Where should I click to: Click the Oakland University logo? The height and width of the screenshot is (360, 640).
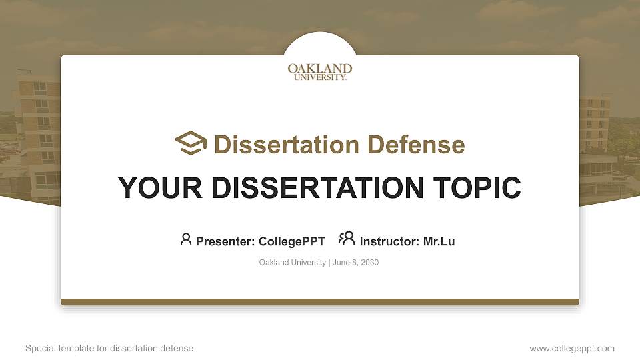point(320,71)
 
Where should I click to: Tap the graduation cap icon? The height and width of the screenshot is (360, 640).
point(191,143)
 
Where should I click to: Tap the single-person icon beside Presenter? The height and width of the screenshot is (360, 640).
point(186,239)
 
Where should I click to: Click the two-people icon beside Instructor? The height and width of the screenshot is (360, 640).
point(347,239)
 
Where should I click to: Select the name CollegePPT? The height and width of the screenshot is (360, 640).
point(291,241)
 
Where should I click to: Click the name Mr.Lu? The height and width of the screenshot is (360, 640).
point(439,241)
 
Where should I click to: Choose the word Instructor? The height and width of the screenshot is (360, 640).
point(389,241)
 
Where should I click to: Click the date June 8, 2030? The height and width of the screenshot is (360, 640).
point(355,263)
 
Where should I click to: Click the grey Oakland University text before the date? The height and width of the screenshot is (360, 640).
point(292,263)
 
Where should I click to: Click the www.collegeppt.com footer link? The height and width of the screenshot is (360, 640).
point(572,348)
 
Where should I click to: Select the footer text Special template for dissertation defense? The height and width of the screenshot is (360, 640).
point(109,348)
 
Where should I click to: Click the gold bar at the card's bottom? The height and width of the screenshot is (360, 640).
point(320,302)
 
